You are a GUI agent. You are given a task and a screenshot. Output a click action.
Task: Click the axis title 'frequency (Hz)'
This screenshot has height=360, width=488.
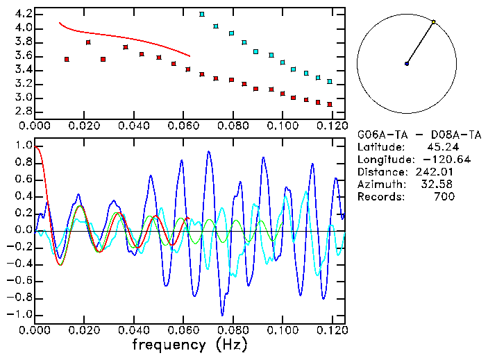coord(189,343)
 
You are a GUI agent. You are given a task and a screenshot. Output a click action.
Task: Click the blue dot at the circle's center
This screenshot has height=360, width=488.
coord(407,64)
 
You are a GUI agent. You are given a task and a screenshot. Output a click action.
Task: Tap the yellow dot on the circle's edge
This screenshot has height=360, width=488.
coord(434,22)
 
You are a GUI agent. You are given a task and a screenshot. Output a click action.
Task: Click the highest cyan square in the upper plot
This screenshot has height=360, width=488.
coord(202,14)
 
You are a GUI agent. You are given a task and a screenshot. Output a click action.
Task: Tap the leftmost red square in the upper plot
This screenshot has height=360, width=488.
coord(67,60)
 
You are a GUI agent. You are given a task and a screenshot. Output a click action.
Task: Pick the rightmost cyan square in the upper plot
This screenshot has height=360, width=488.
coord(330,81)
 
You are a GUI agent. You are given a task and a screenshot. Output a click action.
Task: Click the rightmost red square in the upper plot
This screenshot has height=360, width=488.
coord(330,105)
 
